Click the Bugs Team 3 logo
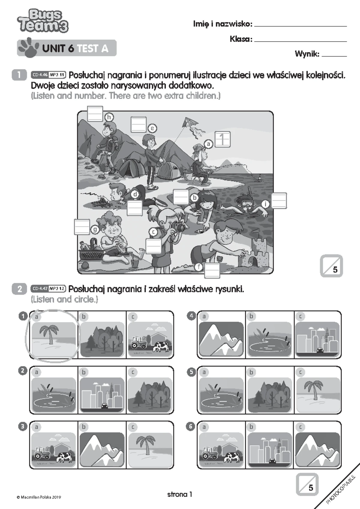[x=43, y=21]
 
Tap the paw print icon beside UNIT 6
[x=28, y=47]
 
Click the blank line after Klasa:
[x=300, y=41]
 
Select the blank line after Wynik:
[x=334, y=56]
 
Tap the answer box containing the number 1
[x=223, y=139]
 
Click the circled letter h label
[x=109, y=117]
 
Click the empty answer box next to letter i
[x=279, y=201]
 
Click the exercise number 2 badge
[x=19, y=289]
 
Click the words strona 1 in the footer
[x=179, y=494]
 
